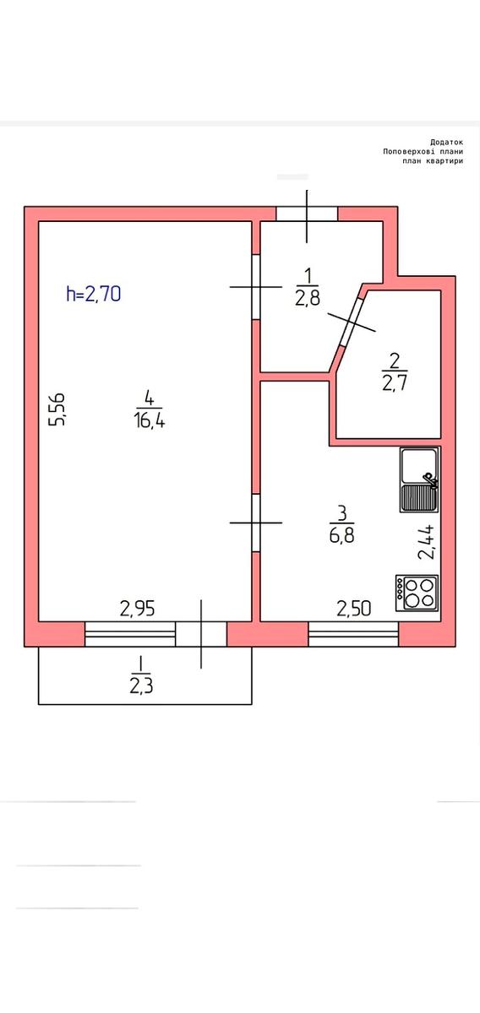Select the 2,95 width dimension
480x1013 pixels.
pos(138,608)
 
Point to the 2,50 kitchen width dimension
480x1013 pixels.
pos(354,608)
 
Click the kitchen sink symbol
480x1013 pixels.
pos(419,479)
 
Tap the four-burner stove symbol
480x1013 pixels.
pos(417,592)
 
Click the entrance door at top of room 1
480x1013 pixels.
pos(307,214)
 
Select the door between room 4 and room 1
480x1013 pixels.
pos(256,287)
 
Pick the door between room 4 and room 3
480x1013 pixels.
pos(256,523)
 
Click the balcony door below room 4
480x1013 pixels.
pos(201,633)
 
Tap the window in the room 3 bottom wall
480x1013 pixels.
pos(353,633)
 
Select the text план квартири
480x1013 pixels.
pos(433,160)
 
